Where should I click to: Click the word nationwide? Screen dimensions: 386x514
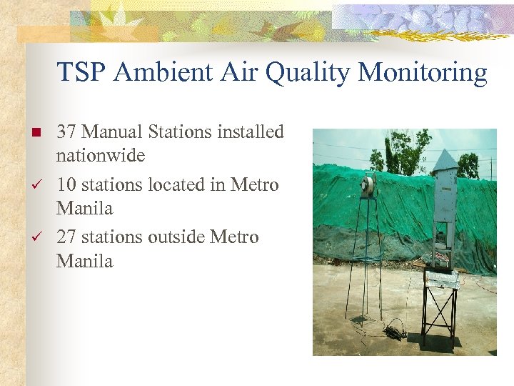coord(100,156)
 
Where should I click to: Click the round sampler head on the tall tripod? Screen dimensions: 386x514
coord(368,187)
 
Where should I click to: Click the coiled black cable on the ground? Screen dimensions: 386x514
coord(393,331)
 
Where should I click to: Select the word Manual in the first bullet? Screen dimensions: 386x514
coord(114,132)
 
